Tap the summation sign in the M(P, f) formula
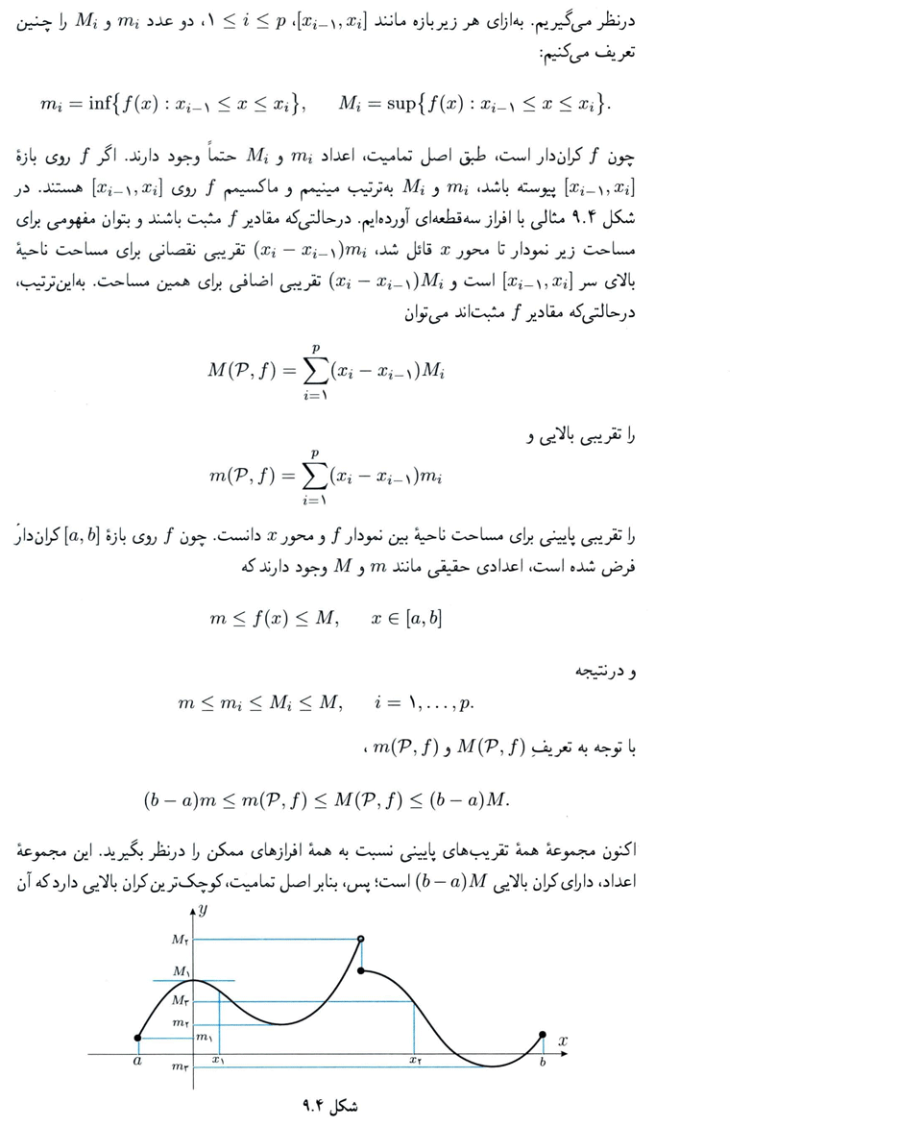(x=314, y=371)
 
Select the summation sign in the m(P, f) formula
(x=314, y=475)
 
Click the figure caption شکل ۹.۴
(x=329, y=1106)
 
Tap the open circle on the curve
(x=360, y=939)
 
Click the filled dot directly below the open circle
(x=360, y=971)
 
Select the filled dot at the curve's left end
(x=138, y=1038)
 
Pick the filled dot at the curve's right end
(x=544, y=1035)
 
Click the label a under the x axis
(x=137, y=1061)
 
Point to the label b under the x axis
(x=543, y=1061)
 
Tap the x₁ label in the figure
(x=219, y=1061)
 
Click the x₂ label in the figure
(x=415, y=1061)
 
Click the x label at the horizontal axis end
(x=563, y=1041)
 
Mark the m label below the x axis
(x=180, y=1067)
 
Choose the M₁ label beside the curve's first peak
(x=181, y=971)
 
